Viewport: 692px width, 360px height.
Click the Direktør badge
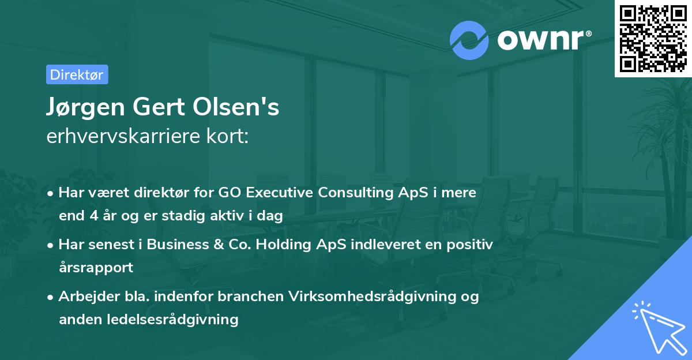pyautogui.click(x=77, y=74)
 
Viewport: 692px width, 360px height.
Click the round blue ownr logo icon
pyautogui.click(x=469, y=40)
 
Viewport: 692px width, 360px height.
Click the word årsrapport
pyautogui.click(x=96, y=268)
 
